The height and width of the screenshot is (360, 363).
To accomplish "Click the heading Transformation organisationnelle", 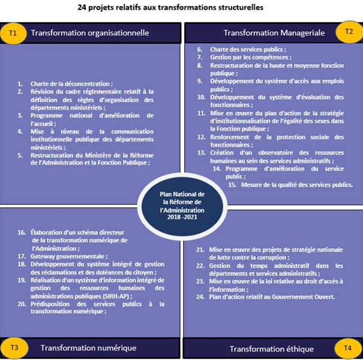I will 90,33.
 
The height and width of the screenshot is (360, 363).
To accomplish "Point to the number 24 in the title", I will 83,8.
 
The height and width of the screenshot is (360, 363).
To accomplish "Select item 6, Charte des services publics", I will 243,49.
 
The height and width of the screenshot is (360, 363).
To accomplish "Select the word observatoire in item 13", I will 263,152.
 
